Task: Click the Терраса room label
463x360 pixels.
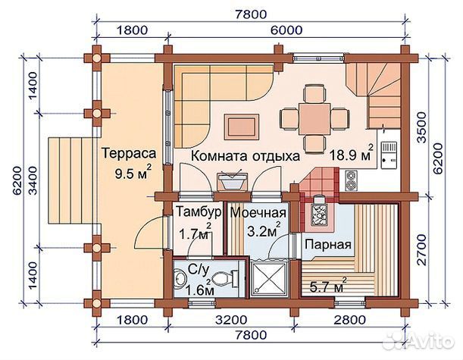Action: pos(129,154)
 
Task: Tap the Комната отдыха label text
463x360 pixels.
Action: pos(246,155)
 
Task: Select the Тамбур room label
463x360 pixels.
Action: pos(199,211)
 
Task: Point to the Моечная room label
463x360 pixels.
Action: pos(258,212)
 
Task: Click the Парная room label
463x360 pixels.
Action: pos(328,245)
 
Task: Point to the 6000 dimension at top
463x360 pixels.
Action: pos(286,30)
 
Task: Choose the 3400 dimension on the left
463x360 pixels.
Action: pos(33,180)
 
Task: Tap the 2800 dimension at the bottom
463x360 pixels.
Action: pos(349,320)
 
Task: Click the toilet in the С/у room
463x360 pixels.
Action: pos(226,278)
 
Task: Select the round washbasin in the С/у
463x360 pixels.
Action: pos(180,278)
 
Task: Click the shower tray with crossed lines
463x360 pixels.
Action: pos(269,277)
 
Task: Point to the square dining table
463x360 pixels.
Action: pos(314,118)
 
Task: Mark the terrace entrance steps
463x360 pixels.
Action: pos(71,180)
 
